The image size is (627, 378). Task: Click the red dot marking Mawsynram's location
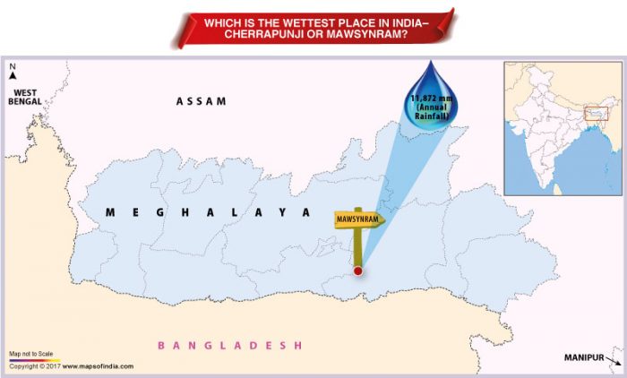point(358,271)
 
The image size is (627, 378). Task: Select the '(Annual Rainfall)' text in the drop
point(432,113)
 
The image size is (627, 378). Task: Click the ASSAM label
point(201,101)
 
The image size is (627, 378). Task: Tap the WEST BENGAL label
point(24,97)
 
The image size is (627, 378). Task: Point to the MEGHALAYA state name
point(207,212)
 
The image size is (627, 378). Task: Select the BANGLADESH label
point(231,345)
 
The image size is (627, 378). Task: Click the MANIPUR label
point(583,357)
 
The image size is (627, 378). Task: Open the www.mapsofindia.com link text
point(99,366)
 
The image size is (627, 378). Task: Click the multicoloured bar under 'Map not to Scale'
point(34,360)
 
